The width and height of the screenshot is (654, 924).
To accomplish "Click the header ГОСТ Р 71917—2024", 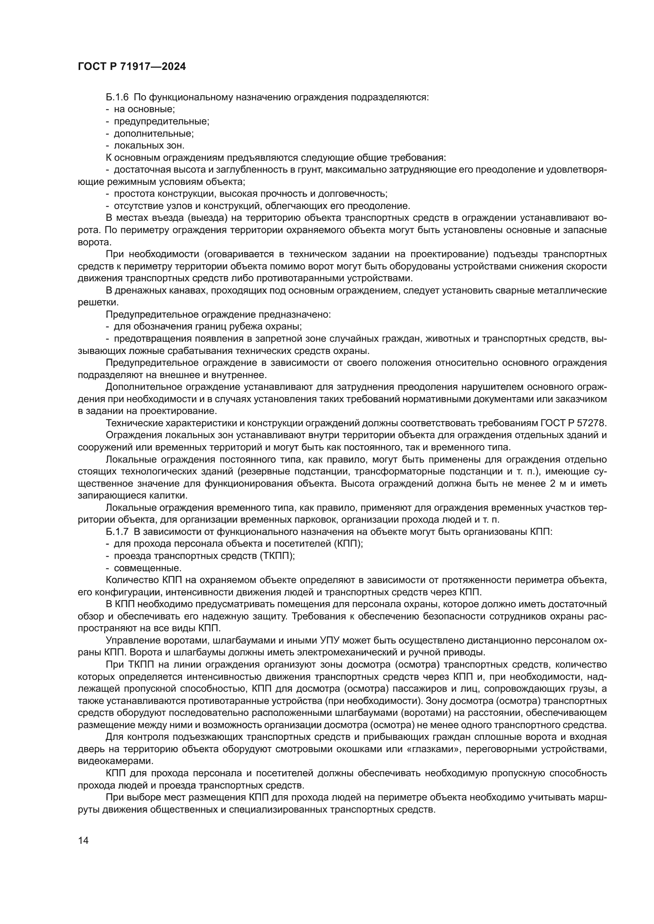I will (x=132, y=67).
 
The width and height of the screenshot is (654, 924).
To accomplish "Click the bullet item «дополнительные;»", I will (x=154, y=134).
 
